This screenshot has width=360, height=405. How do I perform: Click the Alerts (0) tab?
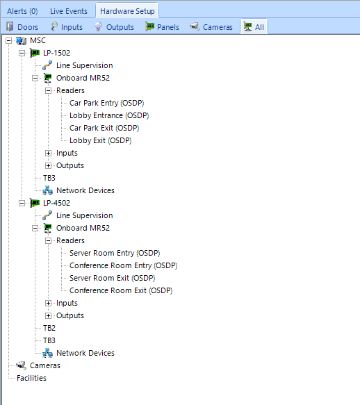click(22, 11)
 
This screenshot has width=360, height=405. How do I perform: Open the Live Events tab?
click(69, 11)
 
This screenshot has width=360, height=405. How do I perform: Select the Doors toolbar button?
click(22, 27)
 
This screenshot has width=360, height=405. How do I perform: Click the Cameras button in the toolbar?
click(211, 27)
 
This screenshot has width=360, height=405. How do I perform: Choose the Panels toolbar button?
click(162, 27)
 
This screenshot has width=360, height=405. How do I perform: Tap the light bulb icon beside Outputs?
click(98, 26)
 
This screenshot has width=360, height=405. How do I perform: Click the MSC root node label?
click(38, 40)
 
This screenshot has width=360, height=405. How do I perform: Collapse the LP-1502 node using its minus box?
click(22, 53)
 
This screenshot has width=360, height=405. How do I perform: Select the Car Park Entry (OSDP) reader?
click(107, 103)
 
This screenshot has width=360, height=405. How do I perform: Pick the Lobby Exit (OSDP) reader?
click(101, 140)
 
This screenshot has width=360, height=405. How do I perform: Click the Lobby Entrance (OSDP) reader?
click(109, 115)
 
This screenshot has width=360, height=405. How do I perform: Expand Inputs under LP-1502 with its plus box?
click(49, 153)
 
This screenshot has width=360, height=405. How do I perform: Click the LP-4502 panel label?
click(56, 203)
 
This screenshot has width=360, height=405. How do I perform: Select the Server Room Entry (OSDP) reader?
click(115, 253)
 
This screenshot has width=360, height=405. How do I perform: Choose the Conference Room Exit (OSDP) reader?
click(121, 290)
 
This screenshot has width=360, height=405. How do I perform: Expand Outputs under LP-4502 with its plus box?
click(49, 315)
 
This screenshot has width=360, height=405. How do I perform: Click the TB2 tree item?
click(49, 328)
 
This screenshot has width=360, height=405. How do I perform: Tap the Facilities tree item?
click(31, 378)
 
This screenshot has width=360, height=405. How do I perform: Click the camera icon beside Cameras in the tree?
click(21, 365)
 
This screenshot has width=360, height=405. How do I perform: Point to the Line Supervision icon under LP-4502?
click(47, 215)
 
